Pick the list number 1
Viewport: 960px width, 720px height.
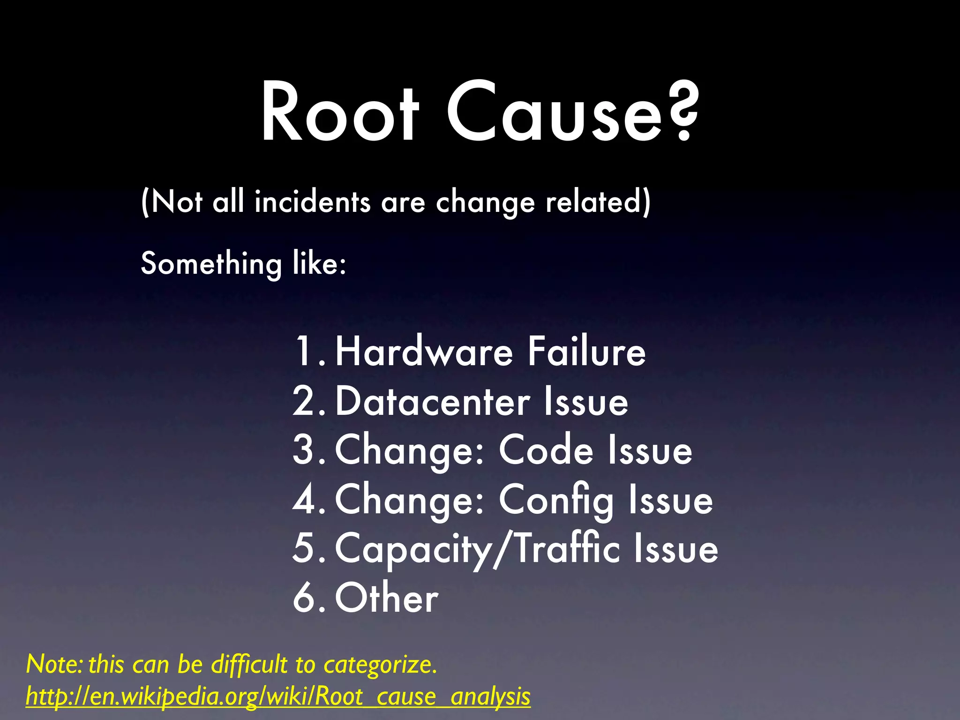305,352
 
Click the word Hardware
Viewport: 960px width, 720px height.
424,352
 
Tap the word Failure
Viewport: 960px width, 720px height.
586,352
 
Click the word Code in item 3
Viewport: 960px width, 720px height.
546,450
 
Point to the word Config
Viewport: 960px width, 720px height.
556,501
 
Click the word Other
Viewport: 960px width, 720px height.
387,598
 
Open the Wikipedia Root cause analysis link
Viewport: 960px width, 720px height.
278,697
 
